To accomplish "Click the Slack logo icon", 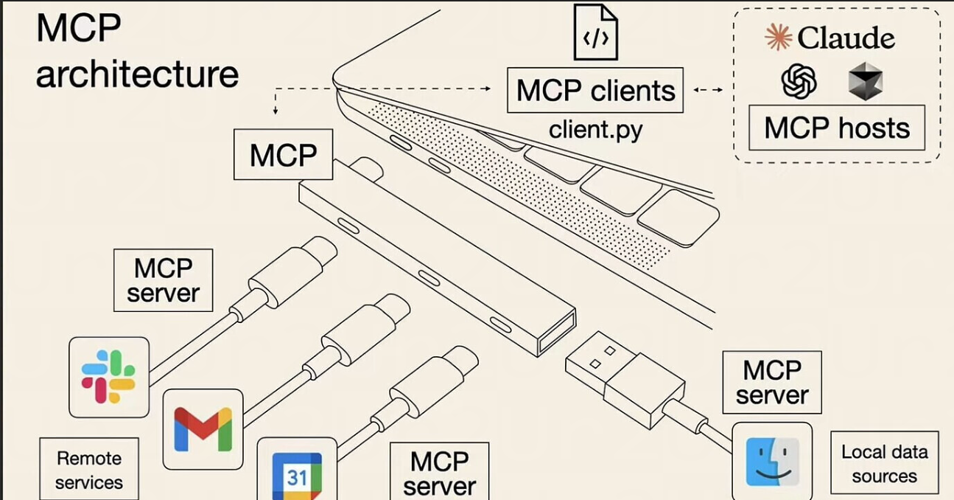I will (108, 377).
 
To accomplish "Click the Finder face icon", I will (772, 462).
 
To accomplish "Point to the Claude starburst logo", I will (778, 37).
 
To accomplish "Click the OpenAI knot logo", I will (799, 81).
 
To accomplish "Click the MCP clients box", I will (595, 91).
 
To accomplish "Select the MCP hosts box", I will (837, 128).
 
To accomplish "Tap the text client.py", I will (595, 130).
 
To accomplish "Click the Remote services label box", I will (89, 470).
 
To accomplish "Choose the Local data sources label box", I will (884, 463).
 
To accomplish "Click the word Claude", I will (846, 38).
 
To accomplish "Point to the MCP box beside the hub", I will (283, 155).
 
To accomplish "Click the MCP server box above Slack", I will (163, 280).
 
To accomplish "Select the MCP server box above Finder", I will (772, 382).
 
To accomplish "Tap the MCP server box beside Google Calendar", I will (439, 473).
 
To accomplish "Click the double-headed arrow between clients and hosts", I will (708, 90).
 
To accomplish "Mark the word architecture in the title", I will (137, 74).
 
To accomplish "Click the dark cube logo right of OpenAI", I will (866, 81).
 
